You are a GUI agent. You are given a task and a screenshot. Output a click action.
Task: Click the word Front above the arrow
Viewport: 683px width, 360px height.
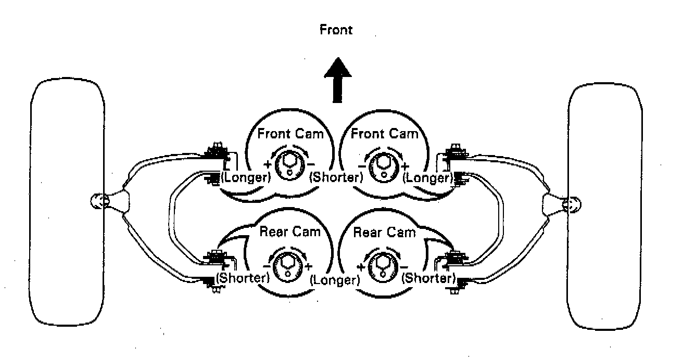(x=336, y=30)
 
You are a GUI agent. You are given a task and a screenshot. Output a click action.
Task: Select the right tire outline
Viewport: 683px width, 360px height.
(x=604, y=208)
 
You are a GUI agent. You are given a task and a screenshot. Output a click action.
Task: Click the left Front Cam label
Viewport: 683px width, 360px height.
(x=290, y=134)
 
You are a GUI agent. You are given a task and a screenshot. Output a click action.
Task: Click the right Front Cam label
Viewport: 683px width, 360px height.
(x=384, y=134)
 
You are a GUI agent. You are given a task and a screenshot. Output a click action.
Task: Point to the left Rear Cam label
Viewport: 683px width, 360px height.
(x=289, y=232)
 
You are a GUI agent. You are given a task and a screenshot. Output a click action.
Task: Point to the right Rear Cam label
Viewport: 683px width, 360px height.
(x=385, y=232)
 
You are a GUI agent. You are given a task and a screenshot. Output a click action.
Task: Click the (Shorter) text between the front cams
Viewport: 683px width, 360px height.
(x=336, y=177)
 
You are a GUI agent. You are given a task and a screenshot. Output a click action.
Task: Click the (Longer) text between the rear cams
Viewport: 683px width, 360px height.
(x=336, y=279)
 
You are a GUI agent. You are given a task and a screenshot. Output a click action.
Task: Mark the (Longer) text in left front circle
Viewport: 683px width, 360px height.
(x=246, y=177)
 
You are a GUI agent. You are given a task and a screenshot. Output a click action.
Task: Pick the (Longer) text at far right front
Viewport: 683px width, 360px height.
(x=427, y=178)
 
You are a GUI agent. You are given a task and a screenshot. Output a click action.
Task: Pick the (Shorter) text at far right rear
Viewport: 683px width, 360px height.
(x=429, y=278)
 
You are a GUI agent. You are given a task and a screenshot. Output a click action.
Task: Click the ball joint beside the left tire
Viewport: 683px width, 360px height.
(x=100, y=201)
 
